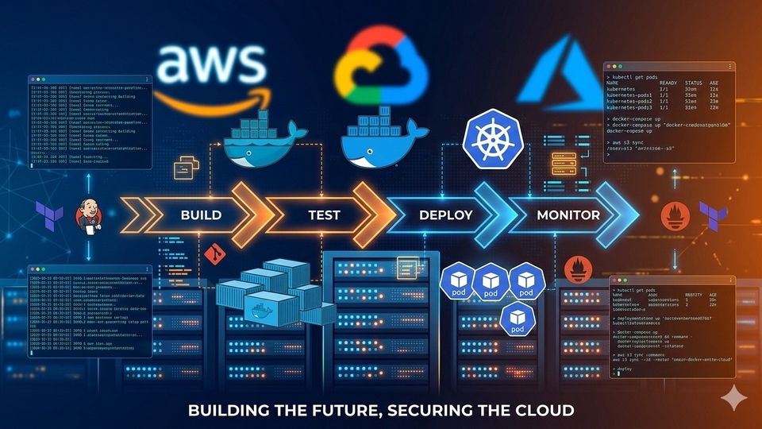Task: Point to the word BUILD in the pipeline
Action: pyautogui.click(x=201, y=214)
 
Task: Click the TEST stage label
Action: pyautogui.click(x=324, y=214)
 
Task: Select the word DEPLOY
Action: pyautogui.click(x=445, y=214)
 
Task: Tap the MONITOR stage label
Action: pyautogui.click(x=568, y=214)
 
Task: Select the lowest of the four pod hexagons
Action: pyautogui.click(x=518, y=319)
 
